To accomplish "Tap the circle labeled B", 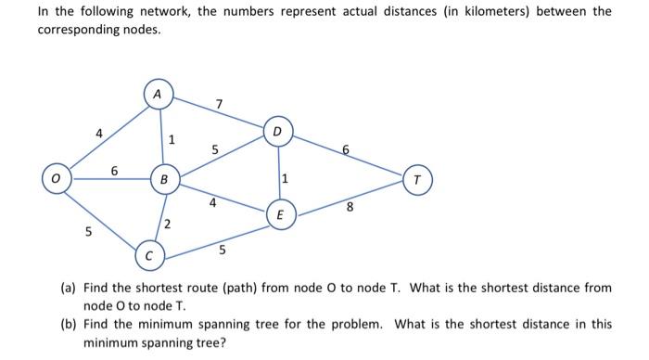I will coord(164,177).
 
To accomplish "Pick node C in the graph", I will coord(148,253).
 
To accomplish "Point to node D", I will coord(277,132).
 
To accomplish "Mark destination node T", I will coord(418,179).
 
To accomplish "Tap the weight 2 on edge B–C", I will coord(168,223).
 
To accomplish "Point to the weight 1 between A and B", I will coord(171,139).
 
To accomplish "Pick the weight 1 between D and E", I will coord(287,177).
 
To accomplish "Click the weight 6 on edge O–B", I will coord(114,170).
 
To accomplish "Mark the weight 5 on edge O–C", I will coord(89,231).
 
